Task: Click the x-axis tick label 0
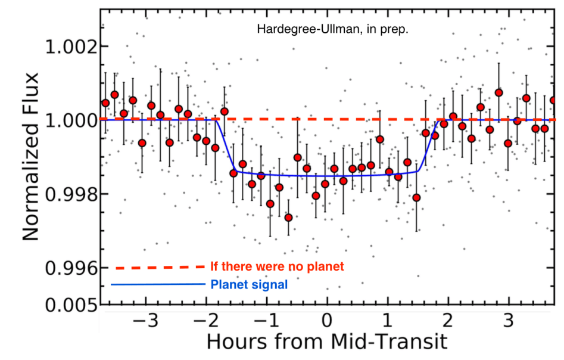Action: (x=327, y=322)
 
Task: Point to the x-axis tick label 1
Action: (x=388, y=322)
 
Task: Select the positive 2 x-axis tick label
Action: (x=448, y=322)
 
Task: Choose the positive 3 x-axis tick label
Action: (x=508, y=322)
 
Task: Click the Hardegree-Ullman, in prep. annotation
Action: (x=332, y=29)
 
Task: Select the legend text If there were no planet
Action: (x=277, y=266)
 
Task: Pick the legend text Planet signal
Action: (x=249, y=285)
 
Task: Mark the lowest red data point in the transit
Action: (x=288, y=218)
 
